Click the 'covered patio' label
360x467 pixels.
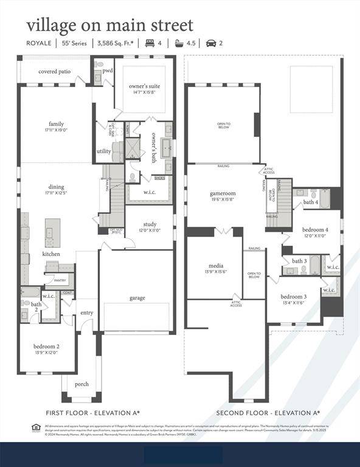[54, 72]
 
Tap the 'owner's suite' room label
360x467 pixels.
[144, 86]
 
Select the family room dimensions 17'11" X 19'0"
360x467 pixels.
[56, 130]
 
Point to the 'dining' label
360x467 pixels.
[56, 187]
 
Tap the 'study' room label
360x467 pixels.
[150, 224]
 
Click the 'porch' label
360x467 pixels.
[81, 384]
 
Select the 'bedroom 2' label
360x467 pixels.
[46, 346]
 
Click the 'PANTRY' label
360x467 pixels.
[60, 280]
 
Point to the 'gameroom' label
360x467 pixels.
[222, 193]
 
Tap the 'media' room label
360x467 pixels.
[215, 266]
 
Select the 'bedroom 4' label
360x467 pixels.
[315, 229]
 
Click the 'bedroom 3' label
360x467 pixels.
[293, 296]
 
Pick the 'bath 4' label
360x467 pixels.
[311, 202]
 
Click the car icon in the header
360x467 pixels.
[211, 43]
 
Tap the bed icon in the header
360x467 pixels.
[148, 43]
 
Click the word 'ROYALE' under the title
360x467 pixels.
[38, 43]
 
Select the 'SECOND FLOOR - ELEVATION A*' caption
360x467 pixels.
[268, 413]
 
